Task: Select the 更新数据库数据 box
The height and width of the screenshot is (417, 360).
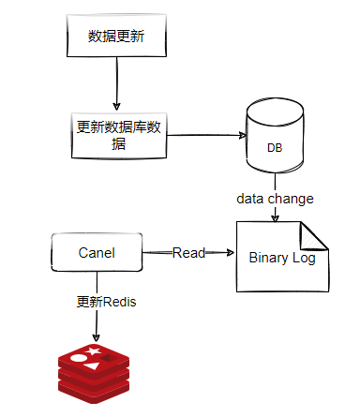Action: coord(116,134)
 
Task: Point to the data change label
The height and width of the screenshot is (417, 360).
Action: coord(274,199)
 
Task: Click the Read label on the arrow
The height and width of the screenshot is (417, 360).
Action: coord(189,252)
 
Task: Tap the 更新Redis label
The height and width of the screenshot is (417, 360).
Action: coord(99,302)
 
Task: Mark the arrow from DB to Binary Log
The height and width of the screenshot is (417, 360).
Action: coord(274,215)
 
